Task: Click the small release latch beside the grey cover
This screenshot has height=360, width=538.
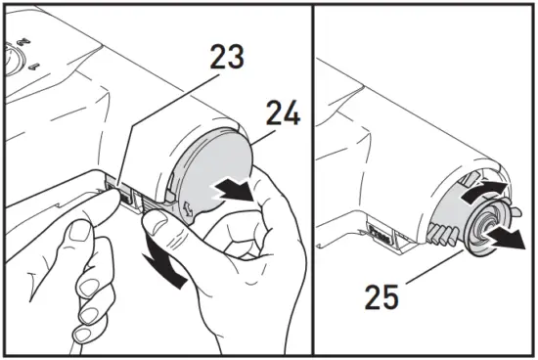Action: (128, 195)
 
